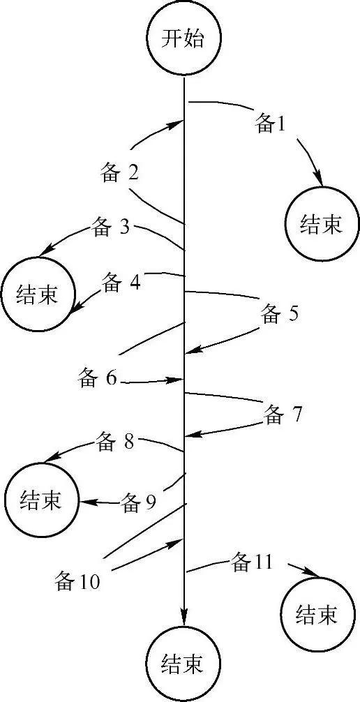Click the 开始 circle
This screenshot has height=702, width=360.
point(183,38)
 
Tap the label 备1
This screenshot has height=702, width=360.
point(271,124)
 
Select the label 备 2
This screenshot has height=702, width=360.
point(119,174)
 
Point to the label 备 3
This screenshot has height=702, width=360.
point(111,227)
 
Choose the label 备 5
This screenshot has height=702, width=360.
point(280,314)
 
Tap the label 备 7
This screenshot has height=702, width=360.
point(283,415)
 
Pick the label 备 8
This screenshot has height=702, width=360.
point(114,441)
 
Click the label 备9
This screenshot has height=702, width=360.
point(139,502)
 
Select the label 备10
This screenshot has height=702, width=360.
point(77,581)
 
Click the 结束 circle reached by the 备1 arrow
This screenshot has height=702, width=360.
point(322,223)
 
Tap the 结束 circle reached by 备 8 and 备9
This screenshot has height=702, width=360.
point(41,500)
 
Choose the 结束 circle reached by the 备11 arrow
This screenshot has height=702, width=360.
point(317,614)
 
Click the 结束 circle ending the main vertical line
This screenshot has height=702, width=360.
point(183,664)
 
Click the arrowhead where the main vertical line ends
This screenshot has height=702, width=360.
point(183,618)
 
